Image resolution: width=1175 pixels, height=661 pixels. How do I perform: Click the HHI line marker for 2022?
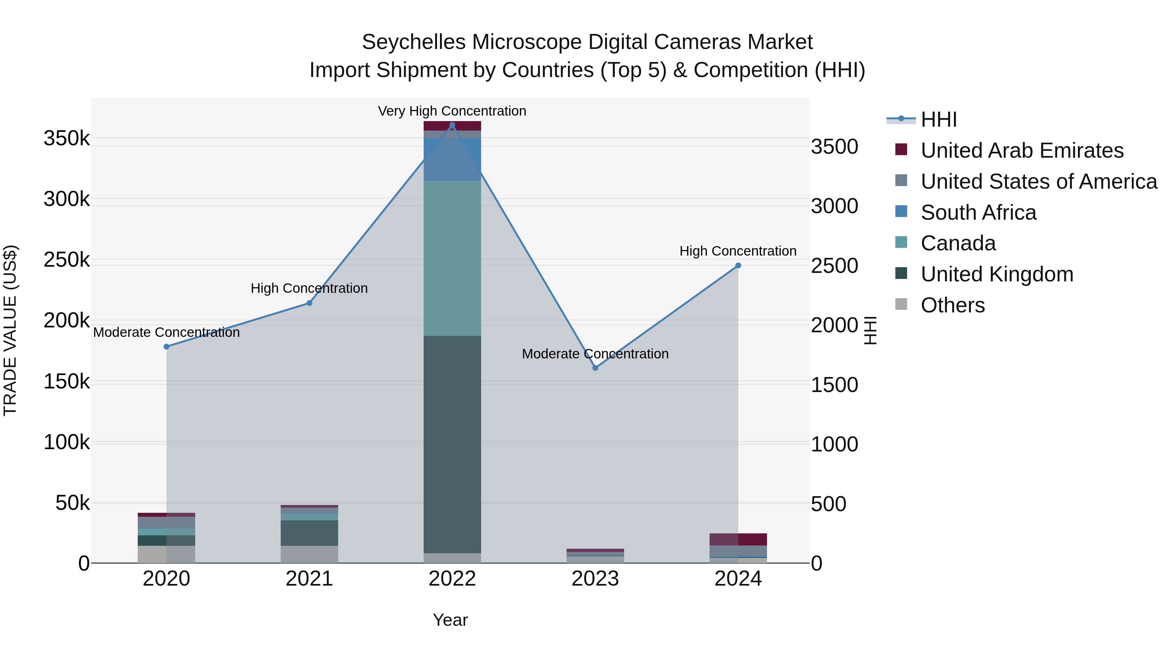[452, 125]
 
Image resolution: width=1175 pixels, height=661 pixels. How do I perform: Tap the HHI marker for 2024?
[738, 265]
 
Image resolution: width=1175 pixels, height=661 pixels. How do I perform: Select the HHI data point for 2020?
[166, 347]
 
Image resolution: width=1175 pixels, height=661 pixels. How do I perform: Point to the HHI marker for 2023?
[595, 368]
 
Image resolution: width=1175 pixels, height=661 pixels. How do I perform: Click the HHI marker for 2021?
[309, 303]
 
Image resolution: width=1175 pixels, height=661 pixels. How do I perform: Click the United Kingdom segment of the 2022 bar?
[452, 445]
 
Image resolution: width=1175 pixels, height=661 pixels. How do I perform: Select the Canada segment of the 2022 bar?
[452, 258]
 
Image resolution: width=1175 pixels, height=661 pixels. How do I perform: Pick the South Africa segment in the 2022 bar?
[452, 160]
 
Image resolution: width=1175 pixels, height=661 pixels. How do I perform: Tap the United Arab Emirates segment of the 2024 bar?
[738, 539]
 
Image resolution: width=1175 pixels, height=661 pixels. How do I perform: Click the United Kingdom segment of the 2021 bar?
[309, 533]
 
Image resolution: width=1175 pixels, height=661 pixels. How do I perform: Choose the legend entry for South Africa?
[979, 212]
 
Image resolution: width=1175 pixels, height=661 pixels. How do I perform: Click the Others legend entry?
[952, 305]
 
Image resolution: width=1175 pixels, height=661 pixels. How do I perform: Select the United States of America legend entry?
[1039, 181]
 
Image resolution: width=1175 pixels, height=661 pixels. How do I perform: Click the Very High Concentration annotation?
[452, 111]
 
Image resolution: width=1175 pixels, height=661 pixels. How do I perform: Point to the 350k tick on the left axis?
[67, 138]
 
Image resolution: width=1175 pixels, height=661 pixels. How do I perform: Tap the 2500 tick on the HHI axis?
[834, 266]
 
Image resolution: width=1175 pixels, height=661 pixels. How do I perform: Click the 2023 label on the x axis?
[595, 579]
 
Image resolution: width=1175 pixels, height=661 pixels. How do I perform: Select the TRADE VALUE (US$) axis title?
[10, 330]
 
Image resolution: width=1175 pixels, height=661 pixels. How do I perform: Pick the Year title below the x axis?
[450, 620]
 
